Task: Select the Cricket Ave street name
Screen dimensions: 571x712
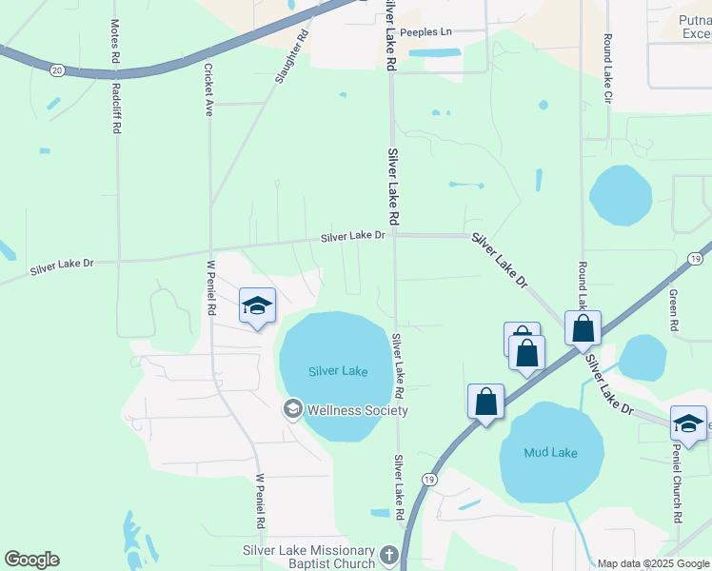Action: coord(208,89)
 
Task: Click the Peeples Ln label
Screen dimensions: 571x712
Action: coord(425,31)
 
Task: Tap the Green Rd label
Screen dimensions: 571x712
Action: coord(673,310)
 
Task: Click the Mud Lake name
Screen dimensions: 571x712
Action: coord(550,453)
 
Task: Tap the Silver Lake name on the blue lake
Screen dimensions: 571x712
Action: coord(337,371)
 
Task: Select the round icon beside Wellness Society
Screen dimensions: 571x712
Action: coord(293,410)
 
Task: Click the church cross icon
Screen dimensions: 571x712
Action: coord(388,555)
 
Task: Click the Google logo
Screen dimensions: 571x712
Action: coord(31,560)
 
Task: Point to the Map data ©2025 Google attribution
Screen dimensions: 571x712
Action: coord(652,563)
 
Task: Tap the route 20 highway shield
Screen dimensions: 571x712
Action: coord(57,69)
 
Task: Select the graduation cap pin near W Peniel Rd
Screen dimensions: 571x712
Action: coord(257,306)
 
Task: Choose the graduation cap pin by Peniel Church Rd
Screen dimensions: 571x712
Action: coord(688,423)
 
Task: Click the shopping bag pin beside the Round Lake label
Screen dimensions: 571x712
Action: coord(583,329)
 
